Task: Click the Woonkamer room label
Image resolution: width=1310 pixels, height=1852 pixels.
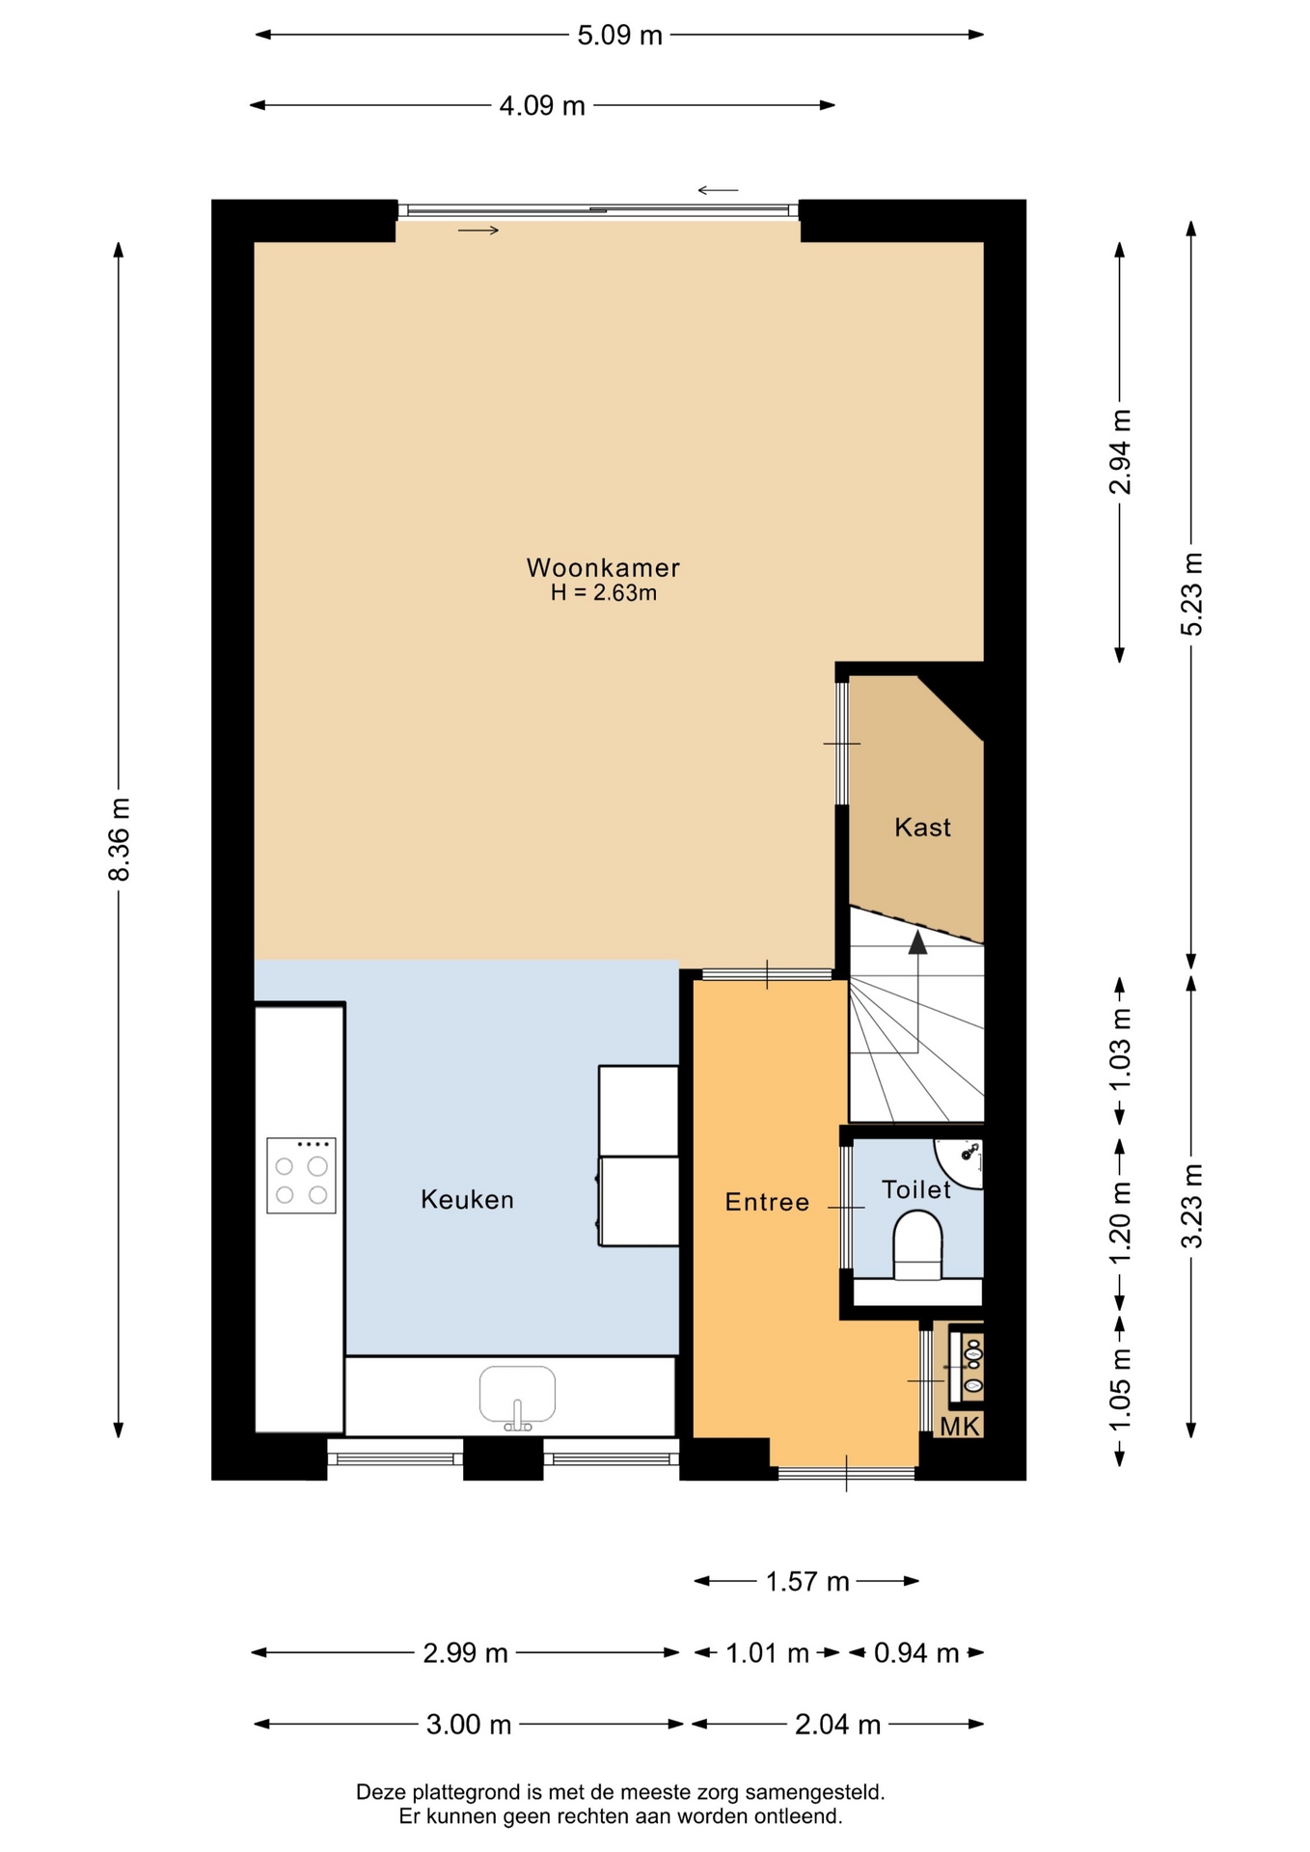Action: click(x=603, y=567)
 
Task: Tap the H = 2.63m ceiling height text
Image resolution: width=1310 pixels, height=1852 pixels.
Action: click(x=604, y=593)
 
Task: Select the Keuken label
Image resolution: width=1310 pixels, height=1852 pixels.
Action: click(x=467, y=1200)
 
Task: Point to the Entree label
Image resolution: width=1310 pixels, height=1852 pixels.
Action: click(x=767, y=1202)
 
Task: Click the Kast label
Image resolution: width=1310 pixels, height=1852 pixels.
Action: click(x=922, y=828)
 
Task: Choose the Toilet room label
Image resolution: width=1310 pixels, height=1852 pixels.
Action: click(x=916, y=1189)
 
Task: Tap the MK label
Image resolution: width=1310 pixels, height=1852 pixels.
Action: click(x=960, y=1427)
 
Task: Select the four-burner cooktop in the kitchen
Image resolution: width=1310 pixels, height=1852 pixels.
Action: click(x=301, y=1175)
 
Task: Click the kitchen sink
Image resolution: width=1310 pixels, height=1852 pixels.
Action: click(x=518, y=1395)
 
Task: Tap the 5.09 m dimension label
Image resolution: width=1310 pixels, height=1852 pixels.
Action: click(x=619, y=36)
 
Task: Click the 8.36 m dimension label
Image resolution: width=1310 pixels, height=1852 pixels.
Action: click(x=119, y=839)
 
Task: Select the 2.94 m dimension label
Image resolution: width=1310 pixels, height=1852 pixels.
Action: click(x=1120, y=451)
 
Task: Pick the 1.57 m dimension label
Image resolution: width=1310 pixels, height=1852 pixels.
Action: click(x=807, y=1582)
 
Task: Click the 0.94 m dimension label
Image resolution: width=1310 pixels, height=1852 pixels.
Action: click(x=916, y=1653)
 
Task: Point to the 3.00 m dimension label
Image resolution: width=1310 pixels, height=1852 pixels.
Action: click(x=469, y=1725)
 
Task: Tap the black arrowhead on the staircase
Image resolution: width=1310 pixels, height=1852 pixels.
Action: click(x=917, y=942)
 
